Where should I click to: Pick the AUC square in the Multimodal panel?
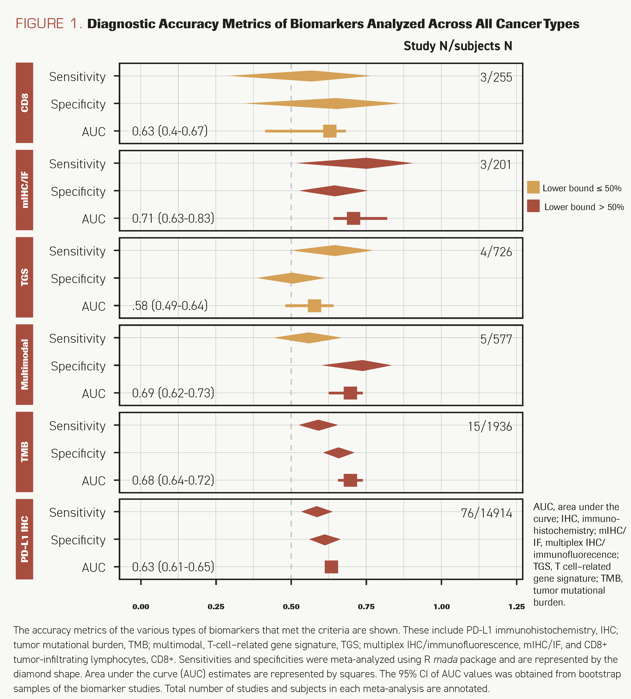click(350, 393)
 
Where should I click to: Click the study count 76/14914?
click(486, 513)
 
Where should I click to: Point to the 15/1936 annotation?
click(490, 426)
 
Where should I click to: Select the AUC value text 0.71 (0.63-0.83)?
click(173, 219)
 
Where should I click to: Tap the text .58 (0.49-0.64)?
click(170, 306)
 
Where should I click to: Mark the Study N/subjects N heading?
click(458, 46)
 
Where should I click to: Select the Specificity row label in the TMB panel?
click(78, 453)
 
